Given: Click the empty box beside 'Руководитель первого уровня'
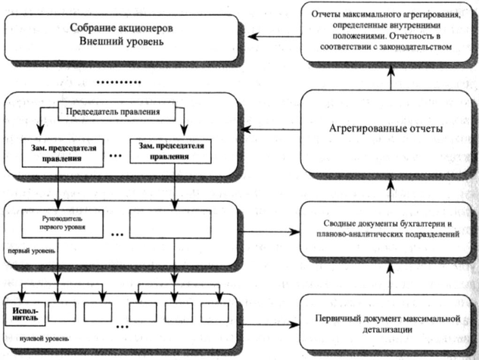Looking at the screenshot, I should (x=160, y=224).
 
